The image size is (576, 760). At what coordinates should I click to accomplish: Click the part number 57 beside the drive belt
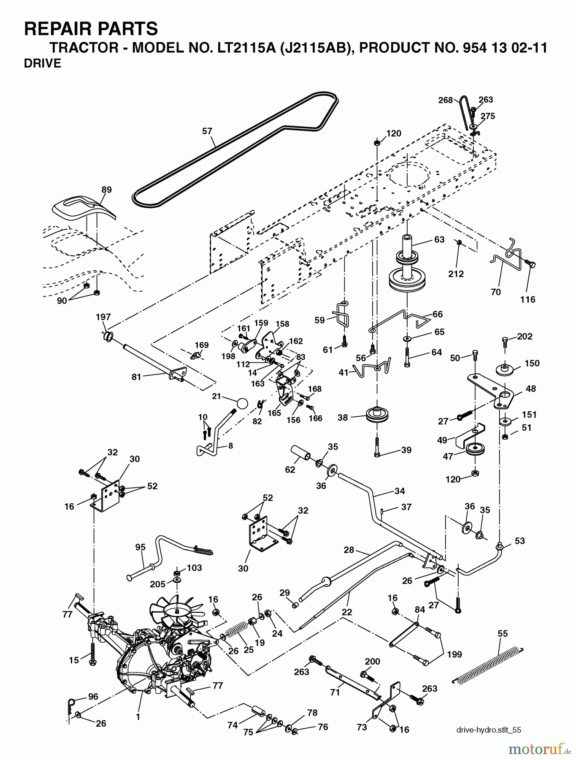207,131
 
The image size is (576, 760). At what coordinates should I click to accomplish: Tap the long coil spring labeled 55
488,664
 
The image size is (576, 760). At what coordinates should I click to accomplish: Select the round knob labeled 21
242,403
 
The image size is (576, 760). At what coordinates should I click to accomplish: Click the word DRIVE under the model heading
43,63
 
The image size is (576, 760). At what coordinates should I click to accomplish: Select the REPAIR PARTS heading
91,29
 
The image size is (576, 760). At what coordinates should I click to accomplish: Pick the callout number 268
445,100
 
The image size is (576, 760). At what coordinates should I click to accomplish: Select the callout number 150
532,363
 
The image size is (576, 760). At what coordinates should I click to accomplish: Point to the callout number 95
140,547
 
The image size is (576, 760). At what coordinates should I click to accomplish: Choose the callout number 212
456,274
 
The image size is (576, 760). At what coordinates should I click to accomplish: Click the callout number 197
103,317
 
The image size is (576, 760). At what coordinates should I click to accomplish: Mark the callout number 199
454,654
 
